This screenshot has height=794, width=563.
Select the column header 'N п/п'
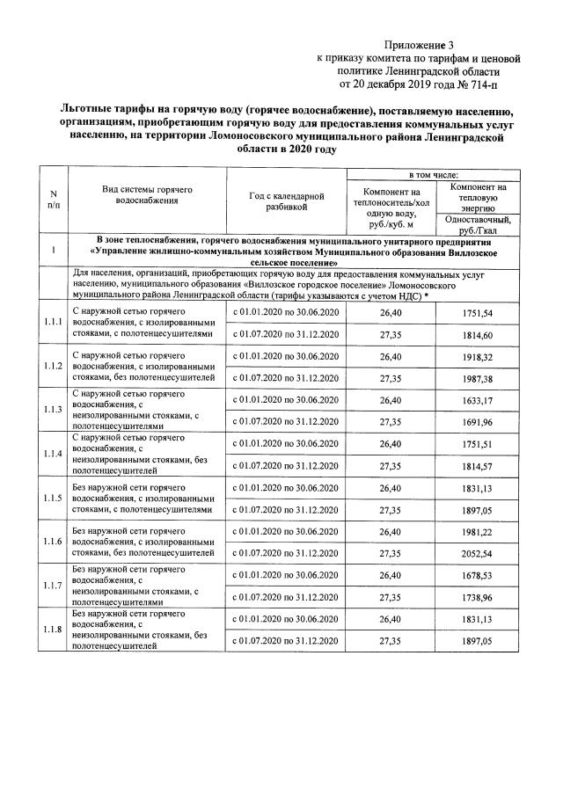coord(54,200)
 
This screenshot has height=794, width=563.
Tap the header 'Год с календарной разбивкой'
coord(287,200)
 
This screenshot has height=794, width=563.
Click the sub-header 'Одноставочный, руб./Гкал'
coord(478,223)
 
